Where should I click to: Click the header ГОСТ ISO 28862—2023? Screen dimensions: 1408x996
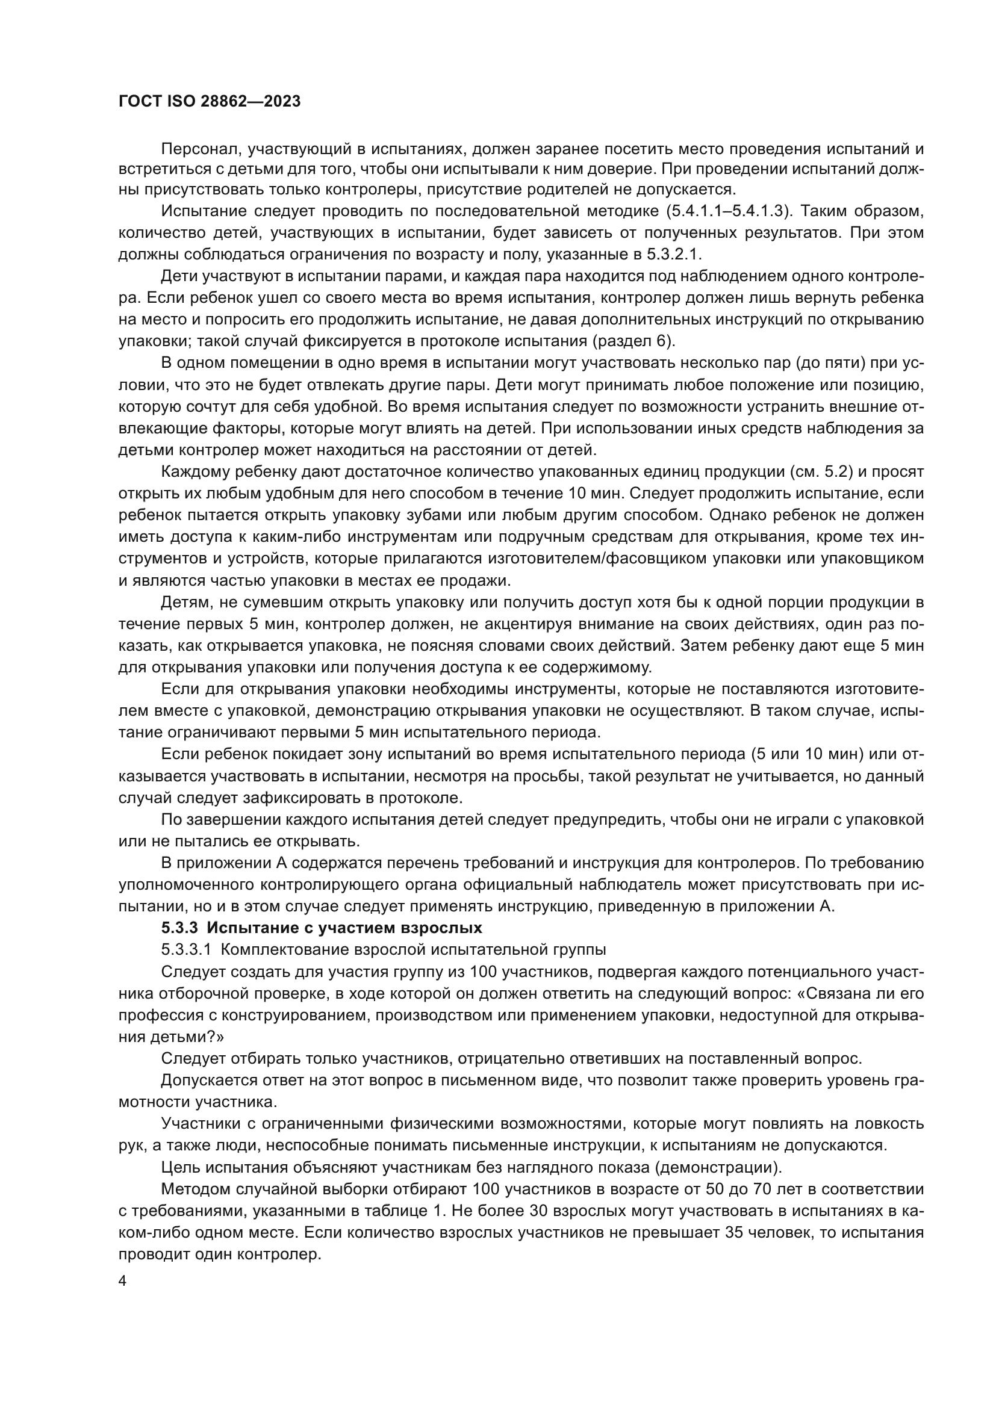tap(209, 102)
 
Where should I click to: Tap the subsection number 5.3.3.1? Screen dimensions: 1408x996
tap(186, 949)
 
